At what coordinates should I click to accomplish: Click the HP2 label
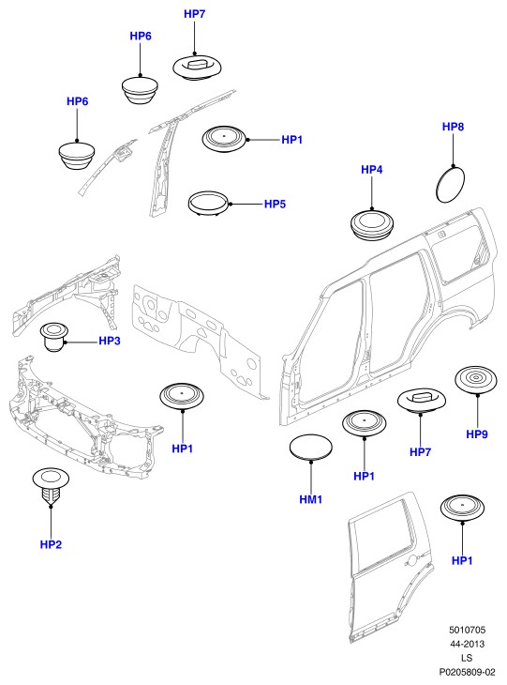point(51,544)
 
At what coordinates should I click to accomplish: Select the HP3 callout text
point(110,341)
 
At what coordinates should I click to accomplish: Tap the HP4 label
point(372,170)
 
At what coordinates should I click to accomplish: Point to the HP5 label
point(275,204)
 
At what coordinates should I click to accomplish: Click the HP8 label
point(453,127)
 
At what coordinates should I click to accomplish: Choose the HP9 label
point(477,434)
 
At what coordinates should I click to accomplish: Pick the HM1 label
point(310,499)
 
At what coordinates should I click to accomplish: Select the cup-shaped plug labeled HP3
point(54,337)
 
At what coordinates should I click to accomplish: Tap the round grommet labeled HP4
point(372,225)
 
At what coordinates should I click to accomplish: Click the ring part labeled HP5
point(209,203)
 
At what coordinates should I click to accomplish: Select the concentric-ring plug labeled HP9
point(476,380)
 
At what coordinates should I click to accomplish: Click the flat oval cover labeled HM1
point(310,448)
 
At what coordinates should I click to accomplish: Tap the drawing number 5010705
point(467,630)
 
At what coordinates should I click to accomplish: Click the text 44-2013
point(467,644)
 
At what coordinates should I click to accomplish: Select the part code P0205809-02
point(467,672)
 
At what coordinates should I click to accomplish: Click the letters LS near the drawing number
point(467,658)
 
